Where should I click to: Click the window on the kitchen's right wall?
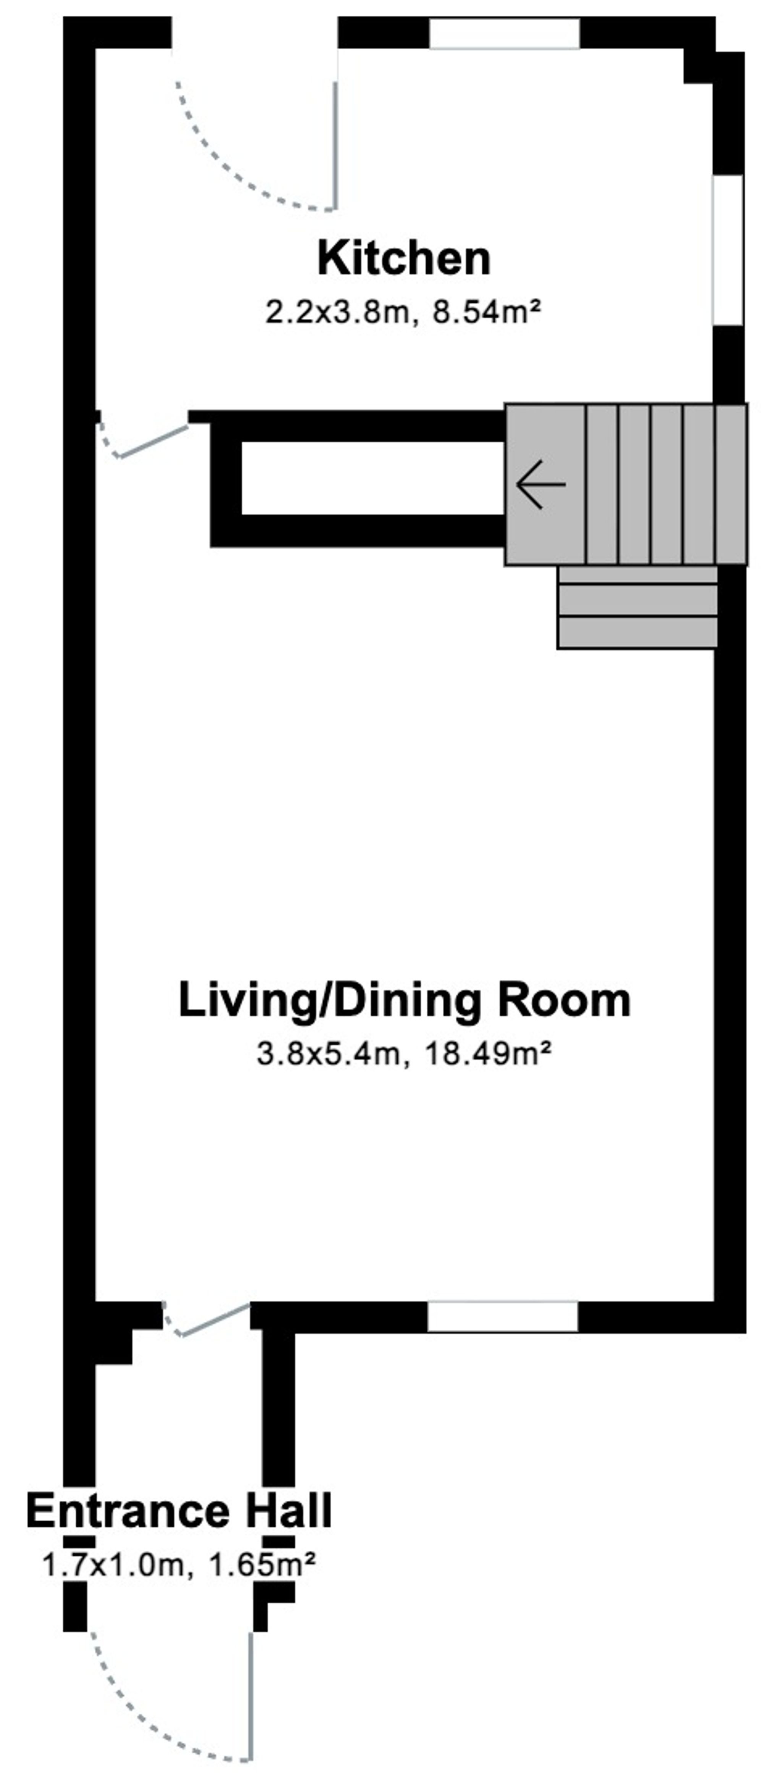[727, 250]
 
